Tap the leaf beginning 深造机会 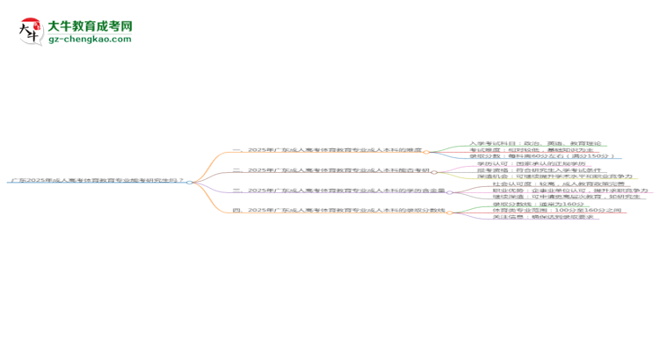[x=554, y=176]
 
